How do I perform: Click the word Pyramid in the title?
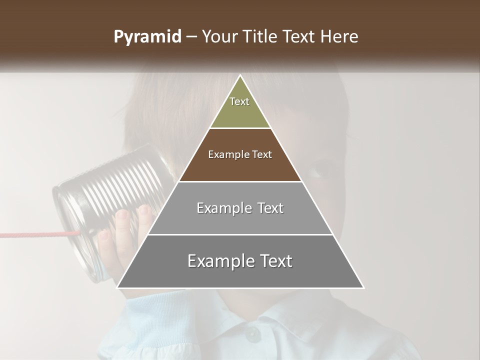pyautogui.click(x=147, y=37)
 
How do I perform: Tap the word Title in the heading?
pyautogui.click(x=264, y=37)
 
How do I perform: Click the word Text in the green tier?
pyautogui.click(x=239, y=101)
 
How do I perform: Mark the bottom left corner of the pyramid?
pyautogui.click(x=117, y=287)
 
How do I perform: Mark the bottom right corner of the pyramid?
pyautogui.click(x=363, y=287)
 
